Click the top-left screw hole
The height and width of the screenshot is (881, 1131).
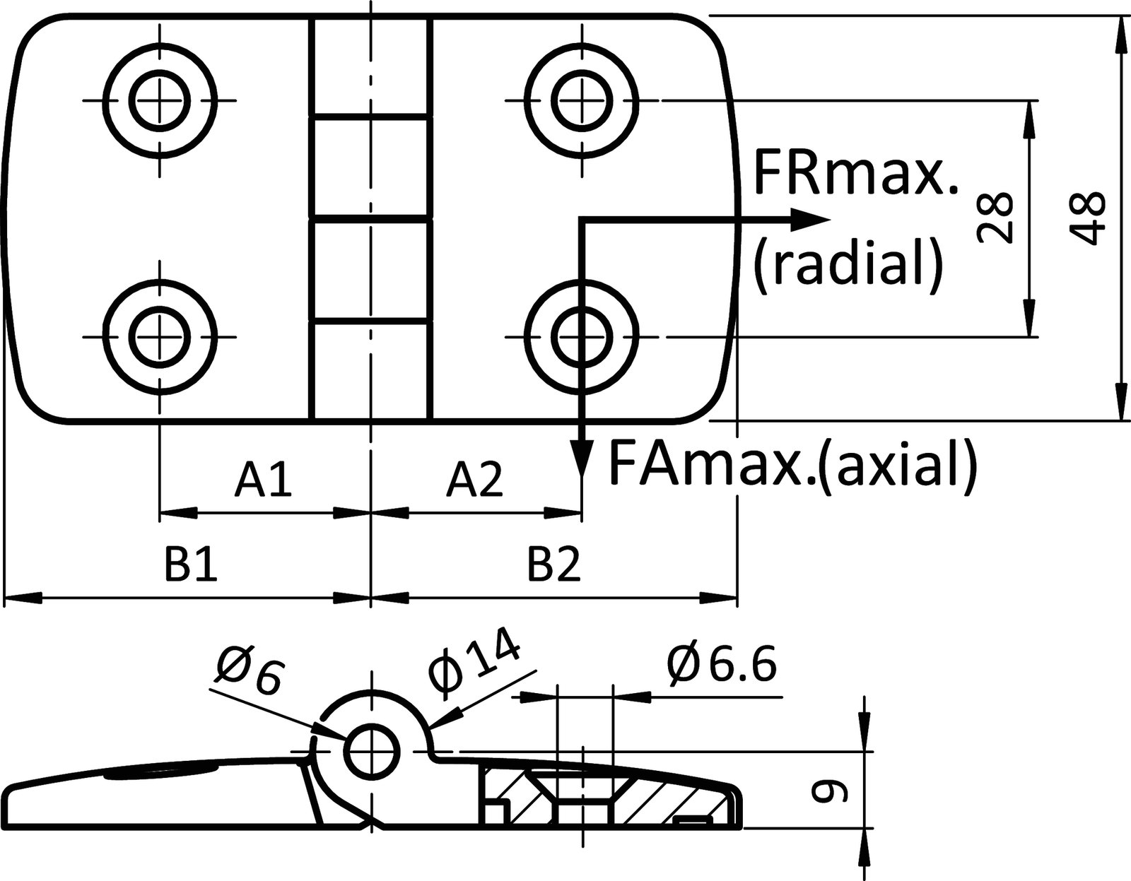[160, 100]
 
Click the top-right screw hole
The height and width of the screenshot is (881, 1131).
[582, 100]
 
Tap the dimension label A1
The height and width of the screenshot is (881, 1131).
[263, 480]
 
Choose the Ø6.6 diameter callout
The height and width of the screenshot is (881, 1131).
[721, 665]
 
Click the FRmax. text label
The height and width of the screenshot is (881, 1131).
[855, 173]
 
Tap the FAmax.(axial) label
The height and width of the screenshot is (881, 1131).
[792, 463]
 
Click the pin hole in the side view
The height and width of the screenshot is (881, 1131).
[371, 751]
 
